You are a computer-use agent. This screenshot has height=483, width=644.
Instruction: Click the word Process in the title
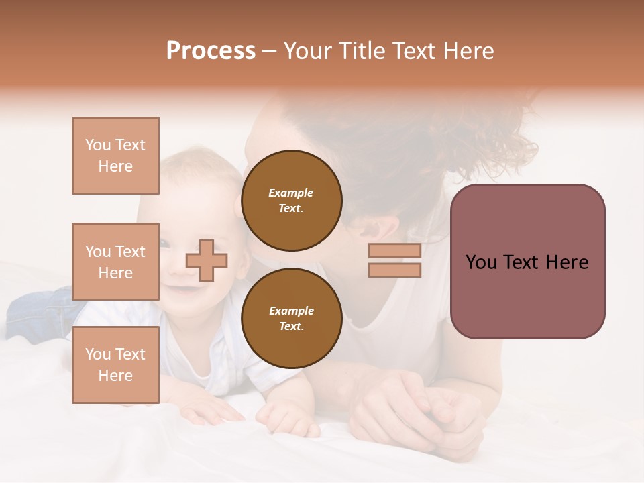click(211, 51)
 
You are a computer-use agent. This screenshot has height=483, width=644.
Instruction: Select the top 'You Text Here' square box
click(115, 156)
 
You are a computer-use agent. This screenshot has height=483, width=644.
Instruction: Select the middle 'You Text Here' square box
click(115, 262)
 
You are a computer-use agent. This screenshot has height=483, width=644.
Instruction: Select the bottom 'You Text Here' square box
click(115, 365)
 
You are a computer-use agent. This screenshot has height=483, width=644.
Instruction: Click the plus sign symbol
click(207, 260)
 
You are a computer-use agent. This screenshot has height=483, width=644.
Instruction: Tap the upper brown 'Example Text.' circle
click(292, 200)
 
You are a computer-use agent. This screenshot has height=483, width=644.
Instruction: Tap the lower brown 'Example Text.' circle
click(292, 318)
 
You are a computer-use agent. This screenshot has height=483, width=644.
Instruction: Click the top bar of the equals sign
click(394, 251)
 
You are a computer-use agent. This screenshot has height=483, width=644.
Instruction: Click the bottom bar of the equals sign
click(394, 270)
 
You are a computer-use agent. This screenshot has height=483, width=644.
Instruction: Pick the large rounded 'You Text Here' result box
click(527, 262)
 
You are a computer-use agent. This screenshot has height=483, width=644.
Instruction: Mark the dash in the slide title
click(270, 51)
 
